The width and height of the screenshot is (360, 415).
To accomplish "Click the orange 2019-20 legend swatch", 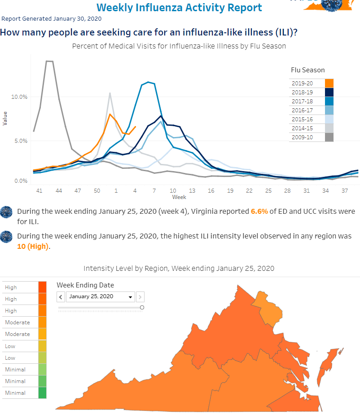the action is [329, 84].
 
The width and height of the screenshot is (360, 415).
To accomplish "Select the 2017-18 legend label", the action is [302, 102].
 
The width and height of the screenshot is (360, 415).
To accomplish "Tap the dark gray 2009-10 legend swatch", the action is [329, 137].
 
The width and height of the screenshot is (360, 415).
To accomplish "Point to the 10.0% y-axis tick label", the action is [19, 97].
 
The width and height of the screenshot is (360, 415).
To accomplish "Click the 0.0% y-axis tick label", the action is [21, 181].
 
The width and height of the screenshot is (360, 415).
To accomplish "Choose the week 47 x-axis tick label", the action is [78, 191].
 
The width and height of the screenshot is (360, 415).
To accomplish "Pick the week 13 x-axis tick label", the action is [192, 191].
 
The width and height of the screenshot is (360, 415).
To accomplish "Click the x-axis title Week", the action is [179, 197].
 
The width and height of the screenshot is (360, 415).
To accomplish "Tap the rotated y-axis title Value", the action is [5, 118].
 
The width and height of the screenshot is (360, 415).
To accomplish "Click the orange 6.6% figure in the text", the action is [259, 212].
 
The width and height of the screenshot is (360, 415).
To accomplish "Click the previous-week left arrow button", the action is [61, 297].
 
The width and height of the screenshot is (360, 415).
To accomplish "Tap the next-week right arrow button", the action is [140, 297].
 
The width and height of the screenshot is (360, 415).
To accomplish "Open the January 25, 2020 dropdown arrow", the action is [131, 297].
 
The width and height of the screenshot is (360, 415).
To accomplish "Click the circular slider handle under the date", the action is [142, 308].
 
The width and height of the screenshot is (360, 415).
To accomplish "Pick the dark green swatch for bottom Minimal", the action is [42, 393].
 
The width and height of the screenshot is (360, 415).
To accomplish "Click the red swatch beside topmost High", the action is [42, 287].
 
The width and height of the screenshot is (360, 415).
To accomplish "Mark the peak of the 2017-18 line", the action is [148, 82].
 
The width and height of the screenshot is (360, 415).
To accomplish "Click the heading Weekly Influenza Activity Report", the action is [180, 7].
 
